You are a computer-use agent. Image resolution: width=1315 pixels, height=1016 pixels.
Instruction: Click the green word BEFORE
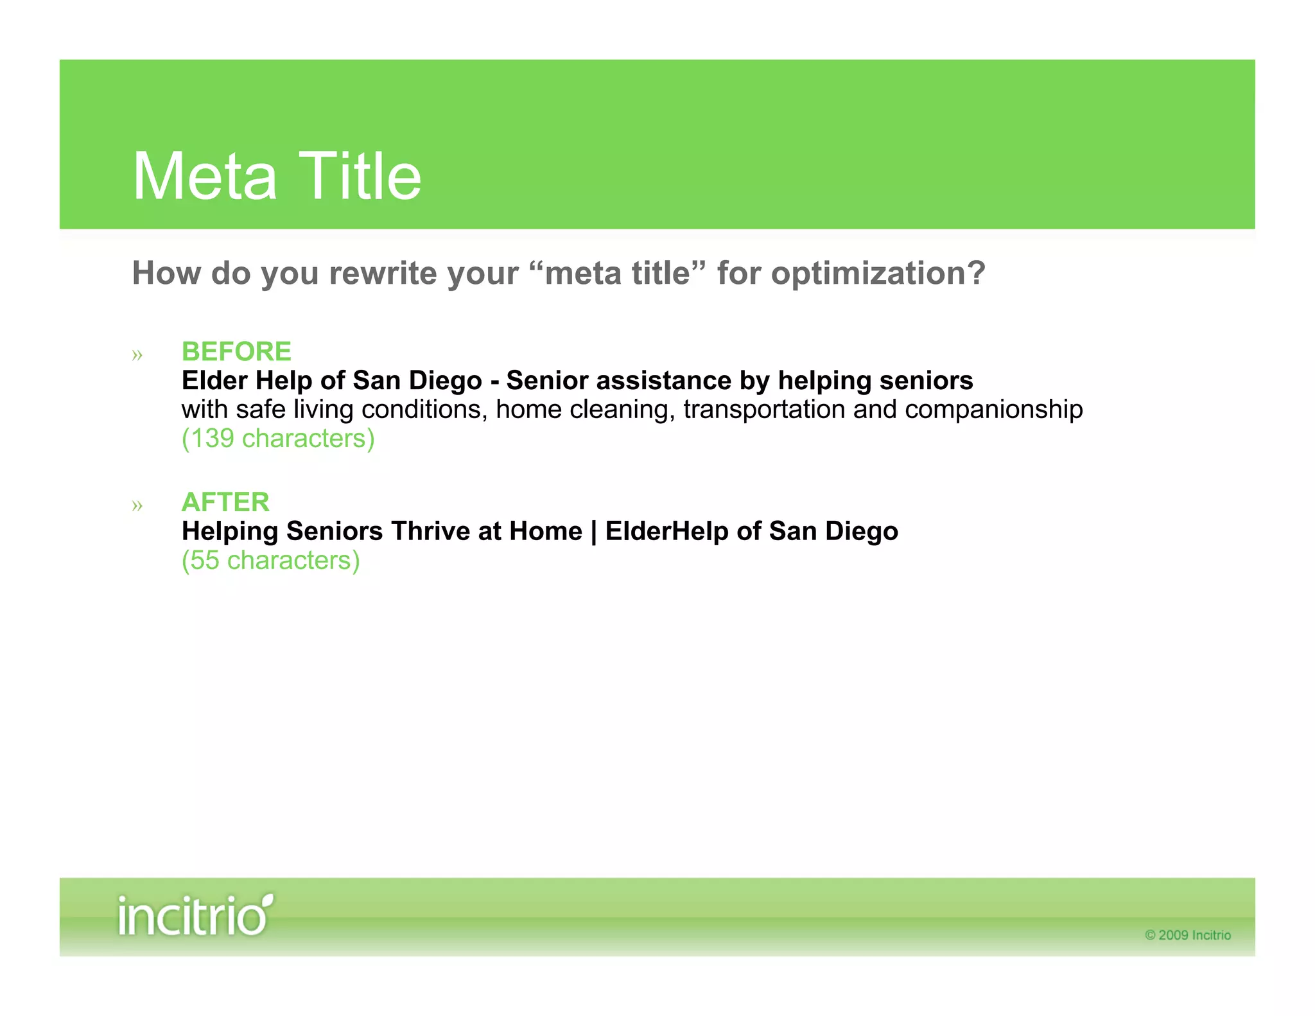pos(236,352)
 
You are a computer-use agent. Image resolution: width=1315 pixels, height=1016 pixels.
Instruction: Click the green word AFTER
pos(225,502)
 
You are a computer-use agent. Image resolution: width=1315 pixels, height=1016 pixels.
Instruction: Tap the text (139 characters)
pos(278,439)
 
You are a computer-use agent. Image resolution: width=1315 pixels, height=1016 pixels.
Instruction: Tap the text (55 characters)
pos(270,561)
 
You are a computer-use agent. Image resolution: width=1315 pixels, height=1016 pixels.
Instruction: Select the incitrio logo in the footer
pos(195,915)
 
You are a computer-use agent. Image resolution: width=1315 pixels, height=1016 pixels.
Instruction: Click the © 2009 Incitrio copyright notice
pos(1187,935)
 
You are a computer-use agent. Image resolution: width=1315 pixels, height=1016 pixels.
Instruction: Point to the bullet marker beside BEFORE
pos(137,355)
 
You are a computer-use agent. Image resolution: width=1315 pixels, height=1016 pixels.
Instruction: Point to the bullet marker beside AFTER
pos(137,505)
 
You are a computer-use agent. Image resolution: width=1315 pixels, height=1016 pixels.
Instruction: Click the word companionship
pos(993,410)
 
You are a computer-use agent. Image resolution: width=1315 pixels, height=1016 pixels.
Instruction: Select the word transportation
pos(763,410)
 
